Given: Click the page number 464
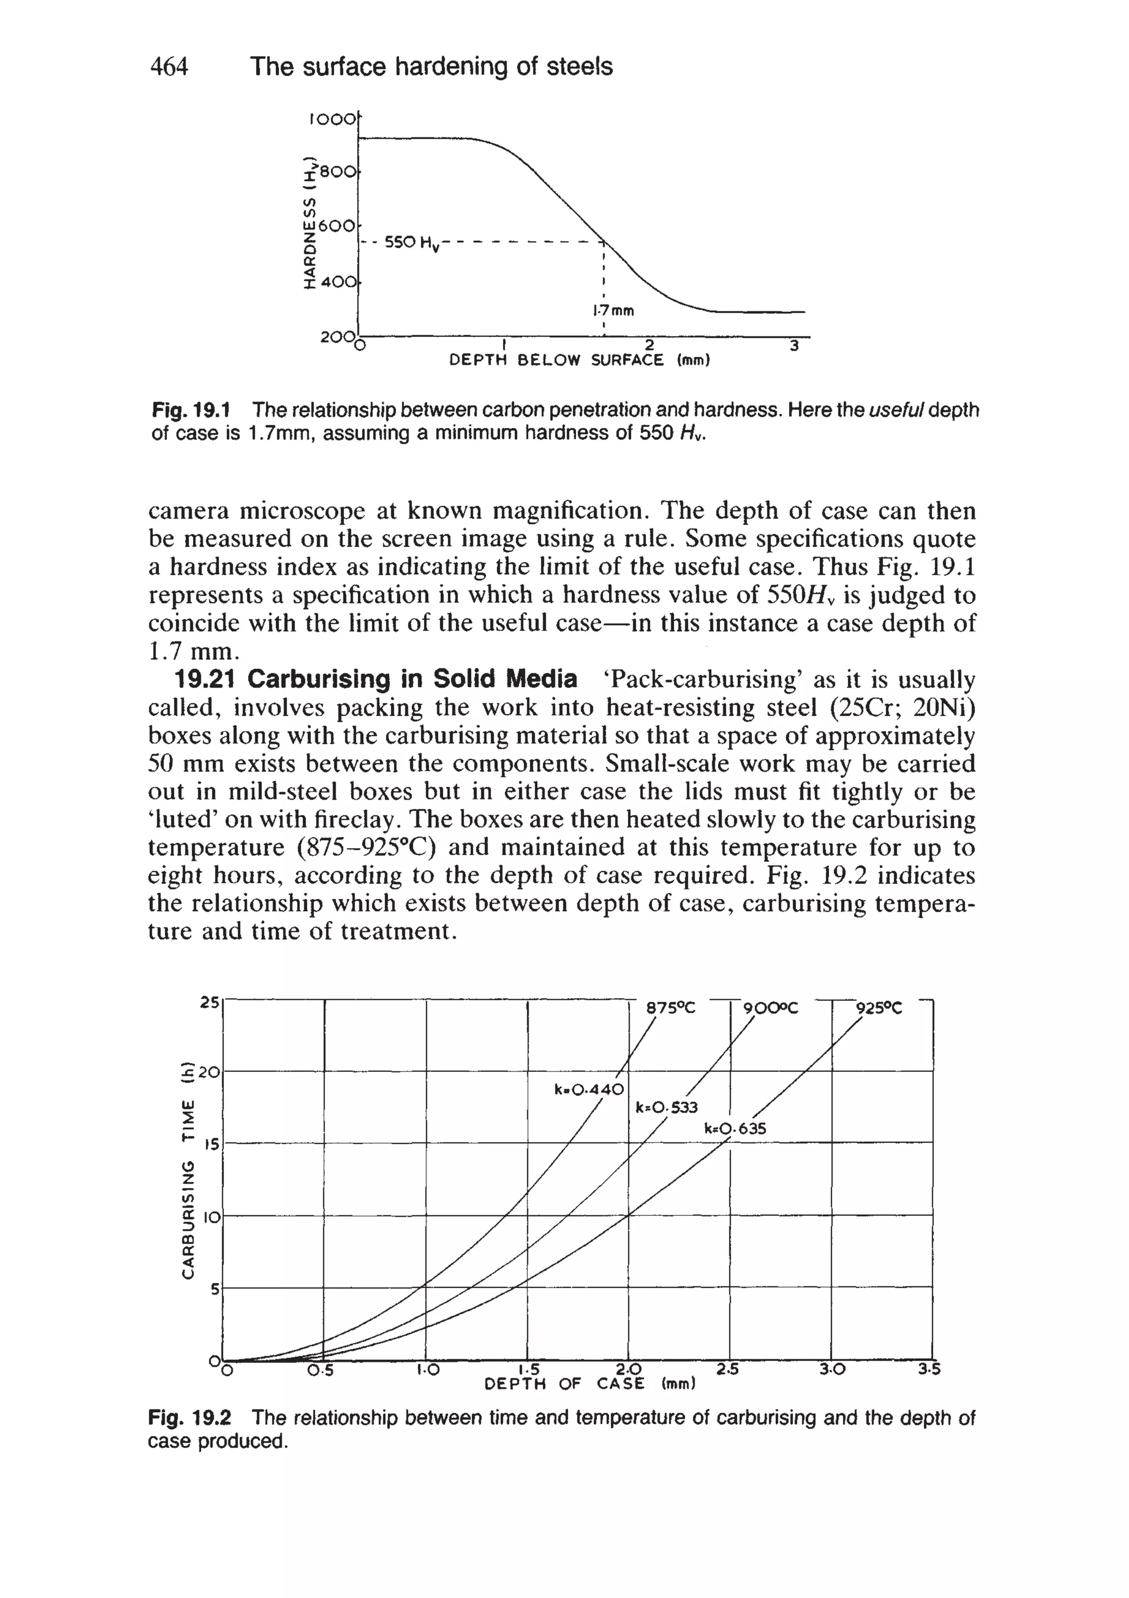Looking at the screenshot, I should (x=169, y=67).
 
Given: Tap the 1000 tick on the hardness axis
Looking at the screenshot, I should (x=331, y=120).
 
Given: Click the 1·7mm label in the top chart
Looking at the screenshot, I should (x=613, y=310).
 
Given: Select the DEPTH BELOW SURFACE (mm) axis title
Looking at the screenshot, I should (x=579, y=361).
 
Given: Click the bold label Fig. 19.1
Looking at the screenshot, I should (x=196, y=410).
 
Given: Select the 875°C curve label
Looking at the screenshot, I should (x=670, y=1009).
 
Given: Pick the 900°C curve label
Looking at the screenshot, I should (x=771, y=1009).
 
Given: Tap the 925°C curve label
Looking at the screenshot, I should (x=879, y=1009).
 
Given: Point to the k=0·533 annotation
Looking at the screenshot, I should (x=666, y=1107).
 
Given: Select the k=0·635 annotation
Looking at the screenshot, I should (x=735, y=1128).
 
